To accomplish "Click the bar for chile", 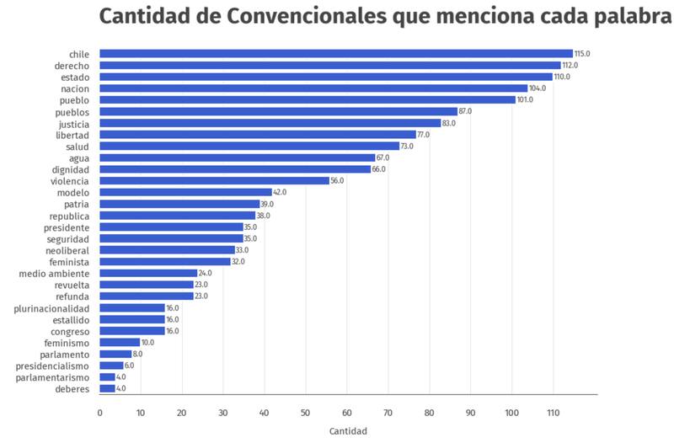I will point(336,54).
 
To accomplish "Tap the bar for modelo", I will point(185,192).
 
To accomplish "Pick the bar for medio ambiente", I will point(148,273).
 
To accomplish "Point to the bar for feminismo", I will point(120,343).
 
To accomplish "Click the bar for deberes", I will point(108,388).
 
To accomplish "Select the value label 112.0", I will point(570,66).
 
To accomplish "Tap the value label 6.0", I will point(129,366).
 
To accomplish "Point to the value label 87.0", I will point(467,112).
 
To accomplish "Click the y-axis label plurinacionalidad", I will point(51,308).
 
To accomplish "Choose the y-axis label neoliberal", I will point(67,250).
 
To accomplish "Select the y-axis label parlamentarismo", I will point(54,377).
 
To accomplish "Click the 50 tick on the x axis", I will point(306,413).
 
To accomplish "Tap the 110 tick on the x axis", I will point(553,413).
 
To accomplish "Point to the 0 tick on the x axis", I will point(99,413).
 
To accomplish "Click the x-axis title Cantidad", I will point(348,430).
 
